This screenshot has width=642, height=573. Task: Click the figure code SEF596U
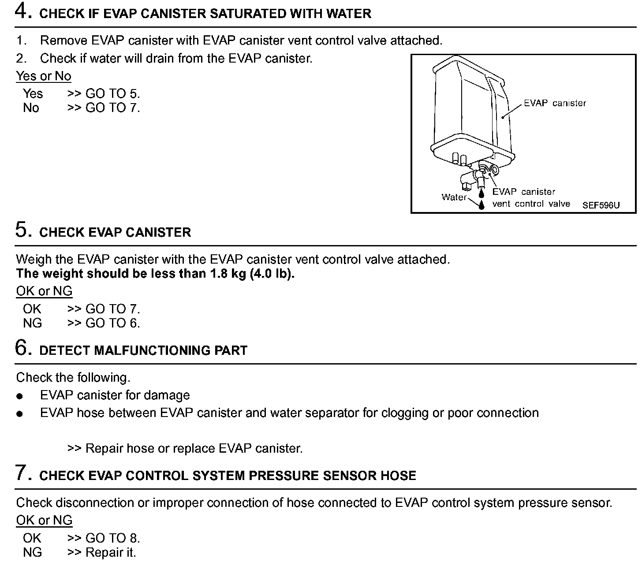[x=601, y=205]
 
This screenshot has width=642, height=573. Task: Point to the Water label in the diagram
[x=454, y=197]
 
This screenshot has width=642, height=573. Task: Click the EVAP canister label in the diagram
[x=555, y=104]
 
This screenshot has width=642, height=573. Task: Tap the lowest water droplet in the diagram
[x=482, y=205]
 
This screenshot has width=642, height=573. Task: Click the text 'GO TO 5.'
[x=112, y=94]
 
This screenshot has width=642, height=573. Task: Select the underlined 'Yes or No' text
[x=44, y=76]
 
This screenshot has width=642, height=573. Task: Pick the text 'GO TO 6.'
[x=112, y=324]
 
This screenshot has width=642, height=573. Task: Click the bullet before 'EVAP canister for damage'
[x=19, y=396]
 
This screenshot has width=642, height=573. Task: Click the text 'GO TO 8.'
[x=112, y=538]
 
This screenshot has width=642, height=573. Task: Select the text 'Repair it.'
[x=111, y=553]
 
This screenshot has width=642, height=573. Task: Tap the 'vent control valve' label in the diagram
[x=531, y=204]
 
